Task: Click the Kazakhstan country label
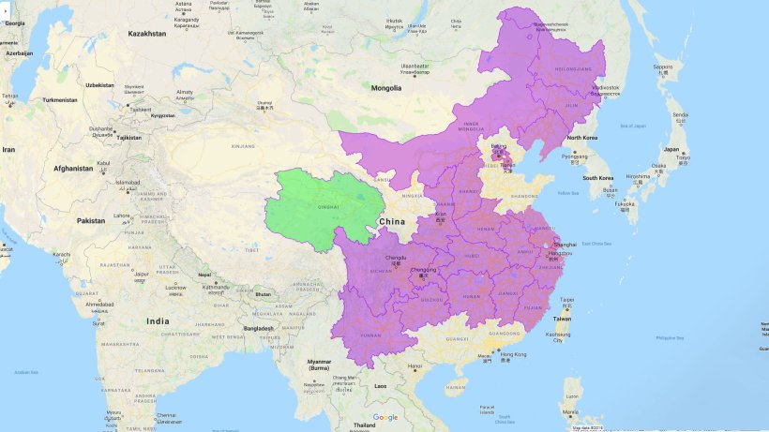(147, 34)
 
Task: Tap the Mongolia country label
(386, 88)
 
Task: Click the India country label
(158, 321)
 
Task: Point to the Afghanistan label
(73, 169)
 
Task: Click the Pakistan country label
(92, 220)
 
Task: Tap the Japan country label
(671, 149)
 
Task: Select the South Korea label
(597, 177)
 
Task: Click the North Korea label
(582, 139)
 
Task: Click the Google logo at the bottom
(384, 417)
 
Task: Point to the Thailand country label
(365, 425)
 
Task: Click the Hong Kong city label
(513, 354)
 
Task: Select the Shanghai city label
(565, 245)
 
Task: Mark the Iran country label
(8, 149)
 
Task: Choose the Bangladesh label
(254, 328)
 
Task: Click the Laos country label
(380, 385)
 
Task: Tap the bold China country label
(391, 221)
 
